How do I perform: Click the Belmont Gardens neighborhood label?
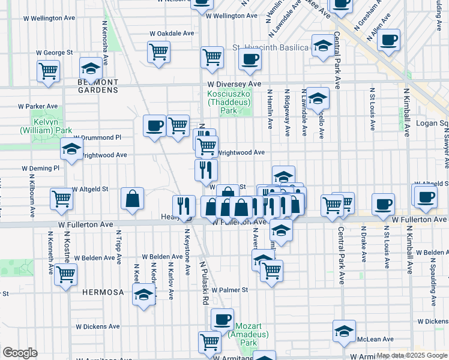coord(98,85)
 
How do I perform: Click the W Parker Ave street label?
coord(37,106)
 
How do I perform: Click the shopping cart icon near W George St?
coord(47,71)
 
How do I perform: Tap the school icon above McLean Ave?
coord(344,331)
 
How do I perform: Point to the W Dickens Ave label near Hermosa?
coord(97,327)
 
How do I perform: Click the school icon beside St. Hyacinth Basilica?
coord(322,45)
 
